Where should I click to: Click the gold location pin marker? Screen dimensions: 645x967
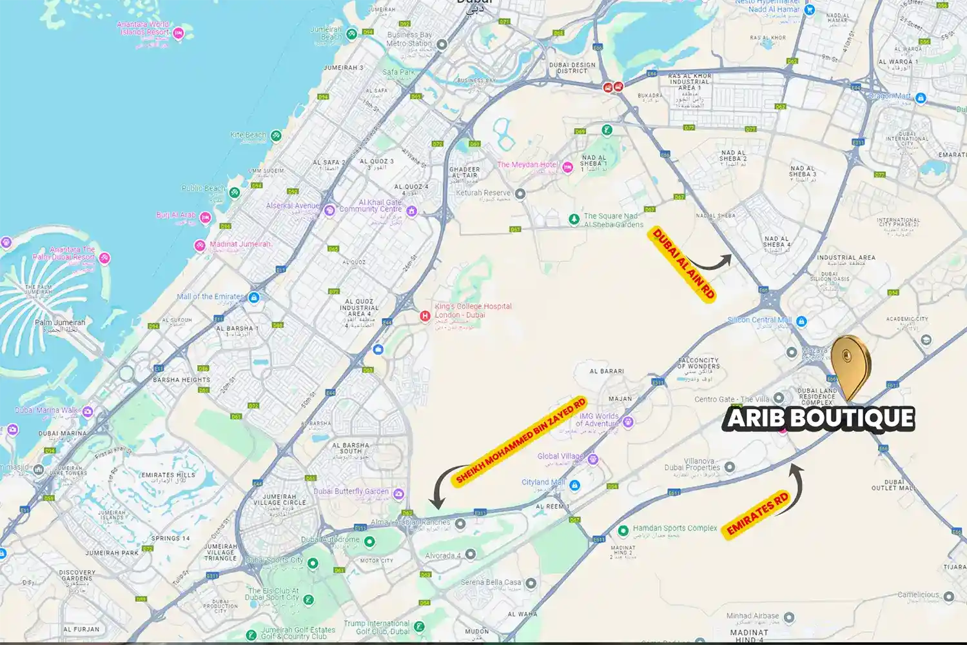coord(850,361)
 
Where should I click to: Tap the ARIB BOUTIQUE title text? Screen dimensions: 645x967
coord(820,419)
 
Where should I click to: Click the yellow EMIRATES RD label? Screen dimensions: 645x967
coord(757,513)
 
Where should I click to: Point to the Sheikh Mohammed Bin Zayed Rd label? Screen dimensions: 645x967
coord(520,441)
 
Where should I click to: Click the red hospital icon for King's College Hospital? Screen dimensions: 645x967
coord(425,315)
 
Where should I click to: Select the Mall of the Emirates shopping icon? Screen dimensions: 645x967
coord(254,297)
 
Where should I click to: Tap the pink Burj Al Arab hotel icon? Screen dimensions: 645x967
coord(205,217)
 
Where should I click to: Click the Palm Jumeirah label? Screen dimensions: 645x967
coord(60,322)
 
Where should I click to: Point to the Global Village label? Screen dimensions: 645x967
coord(560,456)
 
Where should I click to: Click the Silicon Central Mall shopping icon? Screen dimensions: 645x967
coord(801,321)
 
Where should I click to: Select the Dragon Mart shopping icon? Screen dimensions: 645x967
coord(921,98)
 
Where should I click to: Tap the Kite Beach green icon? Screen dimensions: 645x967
coord(276,135)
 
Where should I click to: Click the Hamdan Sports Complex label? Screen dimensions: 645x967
coord(674,528)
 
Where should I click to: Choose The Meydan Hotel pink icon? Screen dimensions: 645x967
coord(567,167)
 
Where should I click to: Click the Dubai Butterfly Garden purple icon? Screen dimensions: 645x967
coord(398,494)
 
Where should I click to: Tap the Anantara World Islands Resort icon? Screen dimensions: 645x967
coord(179,33)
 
